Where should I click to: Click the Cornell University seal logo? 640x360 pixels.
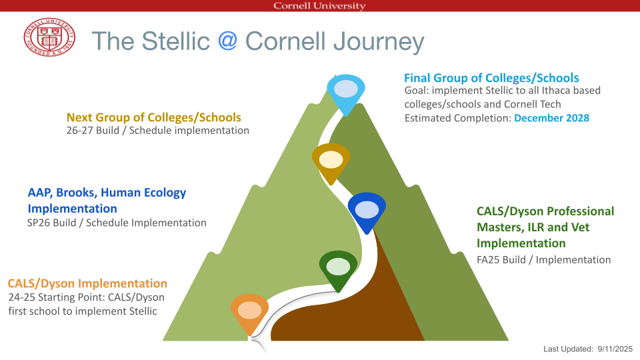coord(49,37)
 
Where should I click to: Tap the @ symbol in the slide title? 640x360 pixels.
coord(227,41)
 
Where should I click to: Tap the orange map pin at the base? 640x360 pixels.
coord(249,314)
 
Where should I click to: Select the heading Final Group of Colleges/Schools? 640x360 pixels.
coord(491,78)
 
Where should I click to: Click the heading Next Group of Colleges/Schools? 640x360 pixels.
coord(154,117)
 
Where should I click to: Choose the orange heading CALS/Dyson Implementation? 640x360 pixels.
coord(87,283)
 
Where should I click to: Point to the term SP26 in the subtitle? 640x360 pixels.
coord(37,223)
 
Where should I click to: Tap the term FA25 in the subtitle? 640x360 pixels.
coord(487,260)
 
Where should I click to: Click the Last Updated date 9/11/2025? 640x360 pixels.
coord(615,349)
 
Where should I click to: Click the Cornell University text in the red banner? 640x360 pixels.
coord(319,6)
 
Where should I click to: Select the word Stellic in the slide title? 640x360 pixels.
coord(175,41)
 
